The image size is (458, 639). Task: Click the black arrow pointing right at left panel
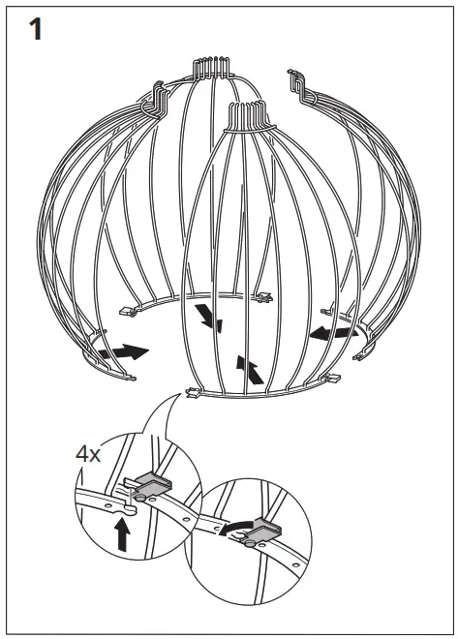click(128, 350)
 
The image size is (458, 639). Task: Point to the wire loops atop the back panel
click(210, 67)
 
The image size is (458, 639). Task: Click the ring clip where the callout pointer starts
click(192, 393)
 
